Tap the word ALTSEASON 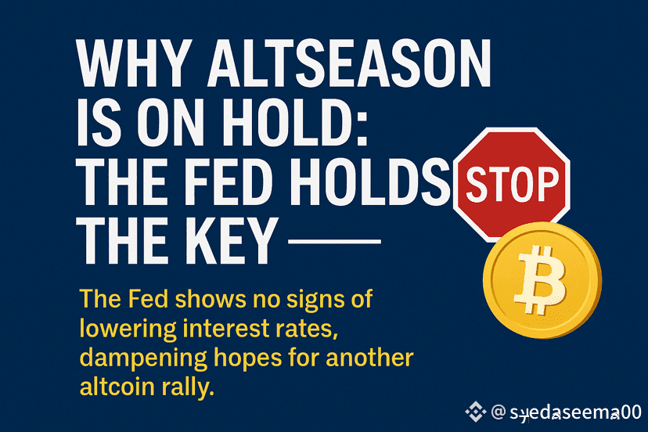349,63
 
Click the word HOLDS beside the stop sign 370,182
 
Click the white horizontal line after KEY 334,241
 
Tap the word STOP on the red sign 513,184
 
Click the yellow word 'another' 369,358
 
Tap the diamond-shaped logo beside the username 475,412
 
